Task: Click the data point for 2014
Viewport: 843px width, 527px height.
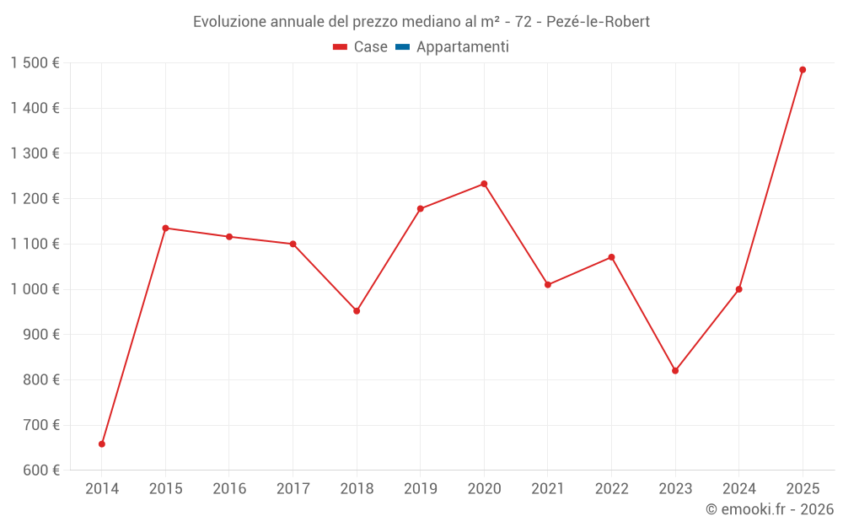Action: [x=102, y=444]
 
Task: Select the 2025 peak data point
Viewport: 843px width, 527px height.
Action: [x=803, y=70]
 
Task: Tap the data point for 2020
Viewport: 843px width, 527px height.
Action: [x=484, y=184]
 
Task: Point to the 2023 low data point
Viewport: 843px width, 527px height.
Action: [x=675, y=370]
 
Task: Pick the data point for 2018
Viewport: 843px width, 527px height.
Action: [x=357, y=311]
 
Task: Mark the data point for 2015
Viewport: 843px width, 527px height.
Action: [x=165, y=228]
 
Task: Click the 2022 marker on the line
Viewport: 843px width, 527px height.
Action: [x=611, y=257]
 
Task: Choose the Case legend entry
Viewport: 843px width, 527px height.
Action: [x=360, y=46]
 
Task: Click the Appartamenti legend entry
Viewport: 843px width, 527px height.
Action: [x=452, y=47]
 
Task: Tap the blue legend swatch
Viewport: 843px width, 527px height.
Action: [x=402, y=46]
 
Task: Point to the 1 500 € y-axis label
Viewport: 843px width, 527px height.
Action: [x=35, y=63]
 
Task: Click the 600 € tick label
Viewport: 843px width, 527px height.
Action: [x=41, y=471]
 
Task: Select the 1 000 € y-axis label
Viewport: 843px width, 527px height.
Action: [x=35, y=289]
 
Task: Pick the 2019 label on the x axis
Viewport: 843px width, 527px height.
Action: [x=421, y=488]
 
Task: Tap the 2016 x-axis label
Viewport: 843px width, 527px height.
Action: [x=229, y=488]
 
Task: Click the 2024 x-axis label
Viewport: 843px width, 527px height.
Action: [x=738, y=488]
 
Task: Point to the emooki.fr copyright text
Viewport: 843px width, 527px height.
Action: [x=770, y=508]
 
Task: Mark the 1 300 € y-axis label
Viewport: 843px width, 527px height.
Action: [x=35, y=153]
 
